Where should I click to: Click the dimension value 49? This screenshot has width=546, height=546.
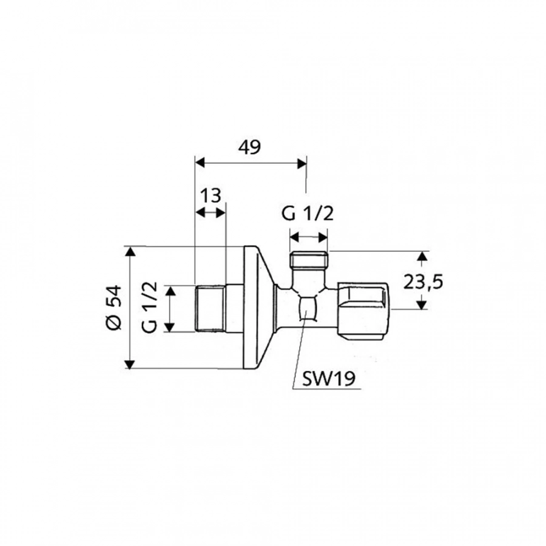pyautogui.click(x=250, y=147)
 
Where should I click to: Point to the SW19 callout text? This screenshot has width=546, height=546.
pyautogui.click(x=326, y=379)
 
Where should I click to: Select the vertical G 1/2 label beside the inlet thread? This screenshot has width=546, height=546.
pyautogui.click(x=150, y=307)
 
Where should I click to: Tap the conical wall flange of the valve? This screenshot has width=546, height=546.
pyautogui.click(x=258, y=307)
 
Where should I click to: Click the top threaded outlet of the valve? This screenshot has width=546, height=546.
pyautogui.click(x=309, y=261)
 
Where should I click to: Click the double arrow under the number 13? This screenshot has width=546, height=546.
pyautogui.click(x=210, y=212)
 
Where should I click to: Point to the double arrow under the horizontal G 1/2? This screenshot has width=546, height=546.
pyautogui.click(x=309, y=235)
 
